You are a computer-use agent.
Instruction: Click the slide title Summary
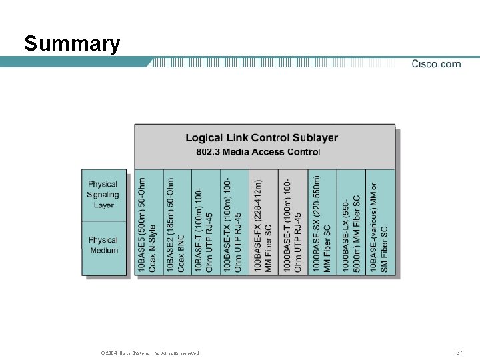coord(72,44)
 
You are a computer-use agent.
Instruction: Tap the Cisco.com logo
coord(436,64)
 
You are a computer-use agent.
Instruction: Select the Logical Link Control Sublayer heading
coord(261,138)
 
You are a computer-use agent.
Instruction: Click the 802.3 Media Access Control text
coord(258,152)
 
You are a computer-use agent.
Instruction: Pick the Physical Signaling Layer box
coord(103,195)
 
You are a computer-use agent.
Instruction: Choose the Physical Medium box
coord(103,247)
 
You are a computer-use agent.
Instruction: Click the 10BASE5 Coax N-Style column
coord(148,223)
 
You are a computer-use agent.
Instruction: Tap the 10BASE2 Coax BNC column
coord(177,223)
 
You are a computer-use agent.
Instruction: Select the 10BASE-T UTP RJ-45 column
coord(205,223)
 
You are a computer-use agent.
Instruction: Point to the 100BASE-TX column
coord(234,223)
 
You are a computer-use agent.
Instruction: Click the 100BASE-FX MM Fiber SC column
coord(263,223)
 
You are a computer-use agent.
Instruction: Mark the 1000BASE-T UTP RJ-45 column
coord(293,223)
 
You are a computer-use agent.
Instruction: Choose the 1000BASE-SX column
coord(322,223)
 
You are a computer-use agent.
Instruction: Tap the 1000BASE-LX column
coord(351,223)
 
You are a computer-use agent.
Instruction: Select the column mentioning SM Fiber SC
coord(379,223)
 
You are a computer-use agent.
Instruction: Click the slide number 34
coord(459,352)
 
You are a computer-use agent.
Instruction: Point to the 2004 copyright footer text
coord(149,353)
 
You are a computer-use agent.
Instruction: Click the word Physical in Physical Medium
coord(103,240)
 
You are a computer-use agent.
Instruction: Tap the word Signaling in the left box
coord(103,195)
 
